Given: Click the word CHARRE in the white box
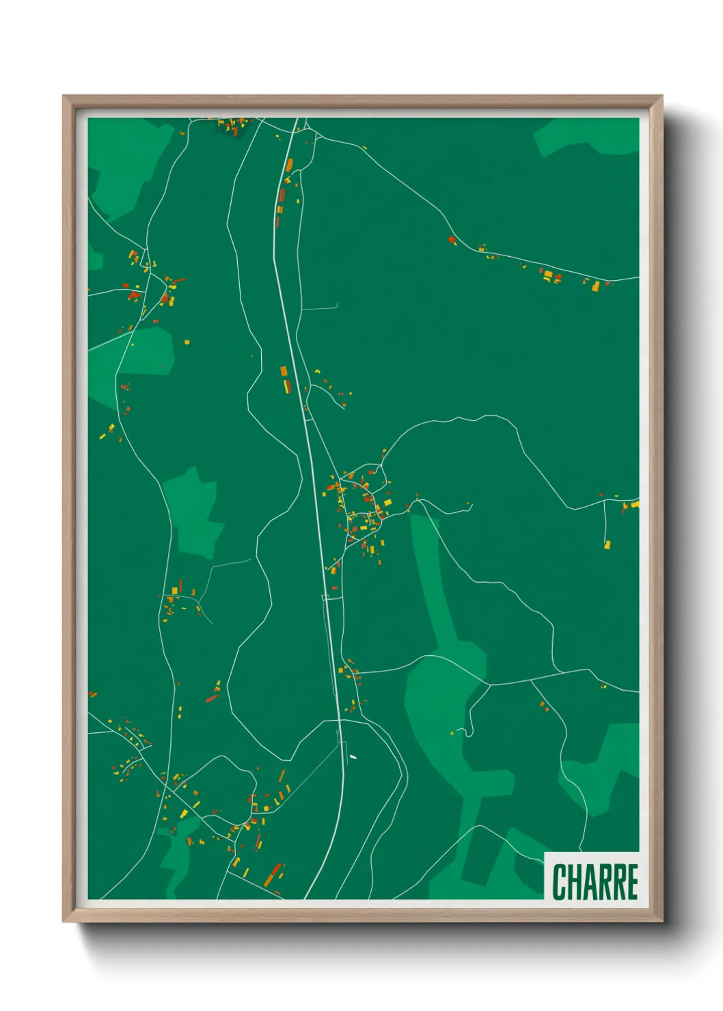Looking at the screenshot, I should [x=595, y=881].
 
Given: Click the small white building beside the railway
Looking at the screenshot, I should [x=353, y=757].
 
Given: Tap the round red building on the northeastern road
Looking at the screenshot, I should [x=452, y=240].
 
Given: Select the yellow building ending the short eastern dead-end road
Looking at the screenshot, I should [x=607, y=544].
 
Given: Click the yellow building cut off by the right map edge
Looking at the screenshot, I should [x=636, y=504].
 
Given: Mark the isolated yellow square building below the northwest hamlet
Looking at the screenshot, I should [x=187, y=342].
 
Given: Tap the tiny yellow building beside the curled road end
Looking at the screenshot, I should [x=452, y=734].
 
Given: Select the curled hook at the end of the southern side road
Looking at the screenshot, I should [x=469, y=732].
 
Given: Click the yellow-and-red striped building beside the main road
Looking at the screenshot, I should [x=285, y=379].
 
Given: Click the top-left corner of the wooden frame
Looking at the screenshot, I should [x=64, y=97].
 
